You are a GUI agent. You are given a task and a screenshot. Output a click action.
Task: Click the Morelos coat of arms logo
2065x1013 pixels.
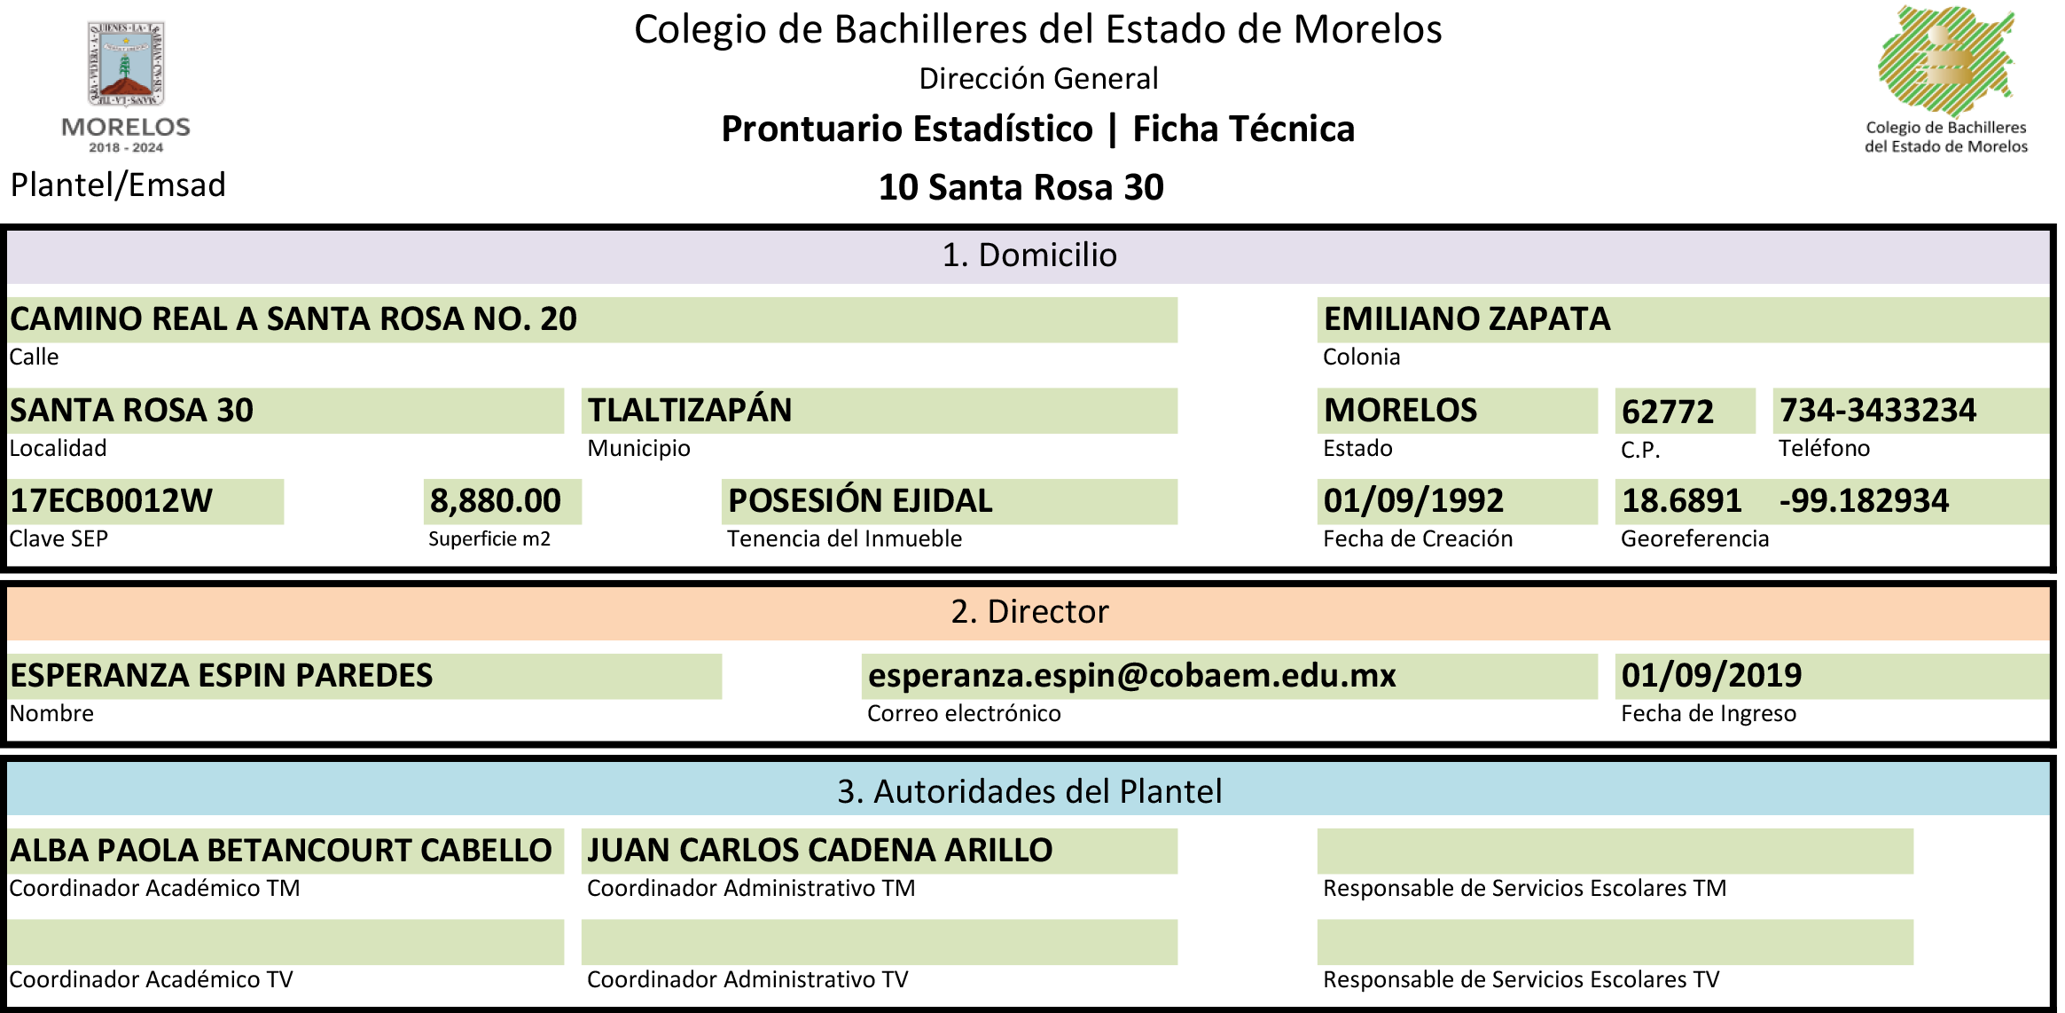click(126, 63)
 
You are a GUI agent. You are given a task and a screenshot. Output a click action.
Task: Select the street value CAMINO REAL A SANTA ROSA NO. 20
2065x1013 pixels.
click(293, 319)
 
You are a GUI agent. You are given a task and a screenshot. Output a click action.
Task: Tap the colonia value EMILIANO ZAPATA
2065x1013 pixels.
click(1467, 319)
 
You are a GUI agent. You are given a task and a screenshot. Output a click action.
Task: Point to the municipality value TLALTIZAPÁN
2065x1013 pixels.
click(690, 410)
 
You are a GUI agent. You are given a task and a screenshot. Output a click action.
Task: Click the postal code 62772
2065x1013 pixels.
click(1668, 412)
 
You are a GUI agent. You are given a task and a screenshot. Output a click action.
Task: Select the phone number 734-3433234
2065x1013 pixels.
click(1878, 410)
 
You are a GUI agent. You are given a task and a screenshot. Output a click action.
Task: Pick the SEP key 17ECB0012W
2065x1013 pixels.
click(112, 501)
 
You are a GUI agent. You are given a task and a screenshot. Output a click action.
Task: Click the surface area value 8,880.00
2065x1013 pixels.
click(496, 501)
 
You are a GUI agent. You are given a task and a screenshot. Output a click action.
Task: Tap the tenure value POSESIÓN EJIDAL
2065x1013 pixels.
click(860, 501)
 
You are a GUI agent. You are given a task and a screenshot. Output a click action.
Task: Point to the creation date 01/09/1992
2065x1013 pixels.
click(1413, 501)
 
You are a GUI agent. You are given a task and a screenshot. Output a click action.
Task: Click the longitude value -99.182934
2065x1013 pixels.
click(1864, 501)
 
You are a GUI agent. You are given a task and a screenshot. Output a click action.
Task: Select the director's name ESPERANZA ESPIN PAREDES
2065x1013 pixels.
click(222, 676)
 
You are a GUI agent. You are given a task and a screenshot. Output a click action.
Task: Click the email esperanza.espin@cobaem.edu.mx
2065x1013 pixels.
click(1131, 676)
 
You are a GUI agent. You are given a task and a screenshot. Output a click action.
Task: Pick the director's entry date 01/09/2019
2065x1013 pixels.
click(1711, 676)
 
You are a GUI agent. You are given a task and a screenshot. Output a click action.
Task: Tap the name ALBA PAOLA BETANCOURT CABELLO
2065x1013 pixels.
click(281, 851)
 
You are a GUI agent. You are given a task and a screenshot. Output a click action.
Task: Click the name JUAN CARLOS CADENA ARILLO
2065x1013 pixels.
click(820, 851)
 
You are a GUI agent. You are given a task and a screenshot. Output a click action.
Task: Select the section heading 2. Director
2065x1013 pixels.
click(1029, 612)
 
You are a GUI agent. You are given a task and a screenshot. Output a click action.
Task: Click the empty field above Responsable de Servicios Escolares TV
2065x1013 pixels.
click(1615, 942)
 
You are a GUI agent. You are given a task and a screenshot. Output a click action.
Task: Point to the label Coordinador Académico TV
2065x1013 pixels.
click(151, 979)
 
